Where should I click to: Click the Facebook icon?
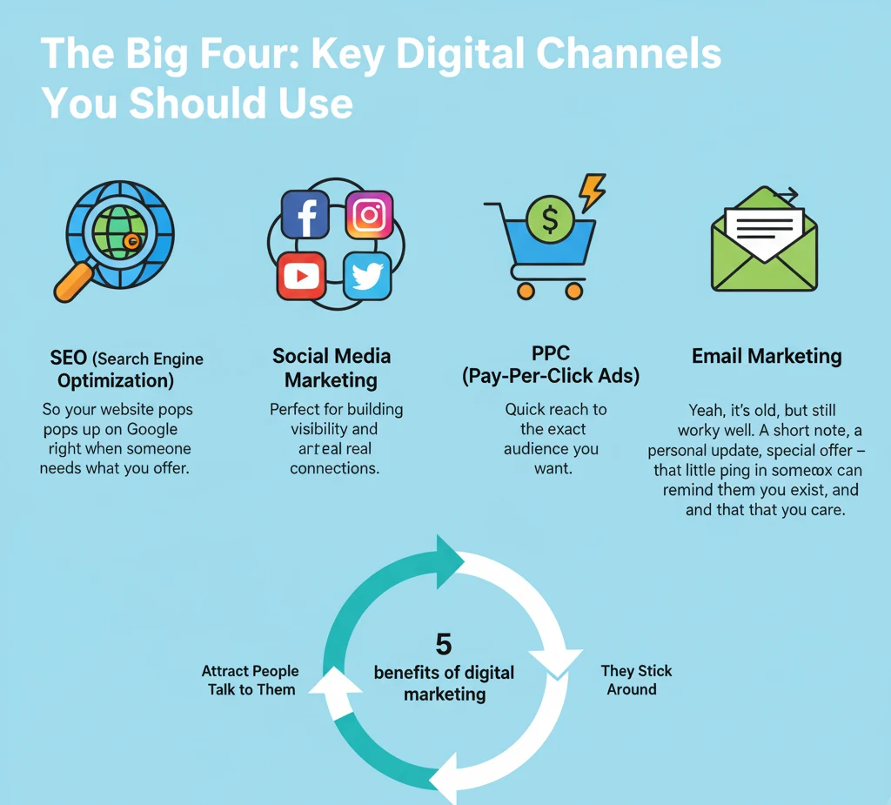coord(305,214)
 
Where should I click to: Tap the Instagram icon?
coord(369,214)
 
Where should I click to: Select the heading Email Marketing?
coord(767,356)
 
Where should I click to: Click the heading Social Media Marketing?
coord(332,368)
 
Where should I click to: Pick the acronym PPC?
coord(550,353)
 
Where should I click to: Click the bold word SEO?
coord(68,358)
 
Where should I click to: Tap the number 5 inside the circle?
coord(444,645)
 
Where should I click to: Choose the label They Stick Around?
coord(636,680)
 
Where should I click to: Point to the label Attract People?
coord(250,671)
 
